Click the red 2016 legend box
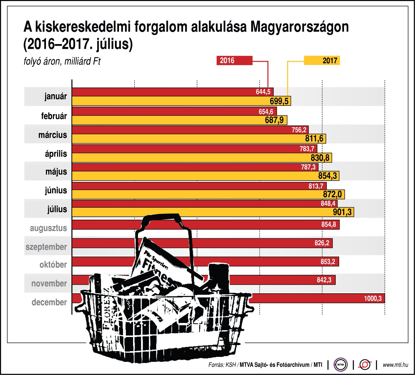tap(234, 60)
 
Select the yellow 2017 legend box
tap(322, 60)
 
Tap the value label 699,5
tap(279, 101)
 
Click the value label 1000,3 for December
tap(373, 299)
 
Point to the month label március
tap(53, 135)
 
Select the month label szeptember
tap(46, 247)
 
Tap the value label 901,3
tap(342, 212)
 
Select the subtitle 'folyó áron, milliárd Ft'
tap(62, 62)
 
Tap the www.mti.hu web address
tap(395, 365)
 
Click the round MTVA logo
tap(341, 365)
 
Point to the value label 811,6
tap(314, 139)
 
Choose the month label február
tap(54, 116)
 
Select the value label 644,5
tap(263, 92)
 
